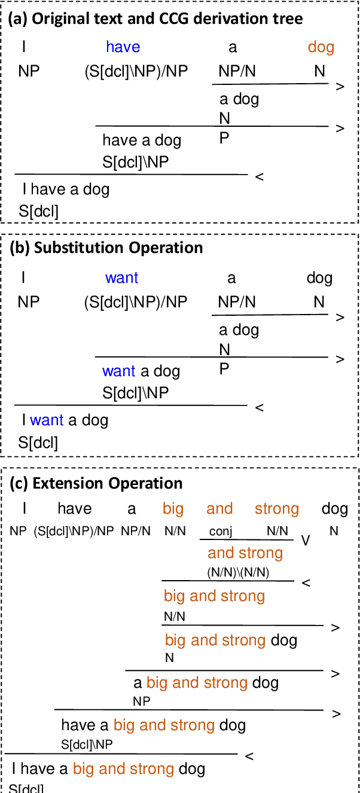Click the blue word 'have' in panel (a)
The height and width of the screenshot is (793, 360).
click(123, 47)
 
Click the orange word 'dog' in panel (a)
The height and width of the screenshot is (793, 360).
click(321, 47)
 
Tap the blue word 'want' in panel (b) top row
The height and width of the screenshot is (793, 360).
click(121, 278)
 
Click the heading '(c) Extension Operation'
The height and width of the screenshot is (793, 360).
click(97, 483)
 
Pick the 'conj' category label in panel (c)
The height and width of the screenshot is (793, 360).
click(221, 530)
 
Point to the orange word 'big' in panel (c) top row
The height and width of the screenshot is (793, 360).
click(173, 509)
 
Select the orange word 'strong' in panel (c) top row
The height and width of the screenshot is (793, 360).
click(276, 509)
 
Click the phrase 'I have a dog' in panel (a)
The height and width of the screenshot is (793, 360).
click(66, 190)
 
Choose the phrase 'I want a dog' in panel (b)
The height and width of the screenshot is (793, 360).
click(65, 420)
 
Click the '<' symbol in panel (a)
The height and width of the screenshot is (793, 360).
click(259, 177)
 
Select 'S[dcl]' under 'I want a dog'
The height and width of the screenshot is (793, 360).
click(38, 443)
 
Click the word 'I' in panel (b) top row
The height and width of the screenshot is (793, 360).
click(23, 278)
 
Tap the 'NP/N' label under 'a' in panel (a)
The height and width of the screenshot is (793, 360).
click(237, 72)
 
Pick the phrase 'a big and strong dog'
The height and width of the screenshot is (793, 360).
click(206, 682)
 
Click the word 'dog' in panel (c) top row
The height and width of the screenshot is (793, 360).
click(334, 509)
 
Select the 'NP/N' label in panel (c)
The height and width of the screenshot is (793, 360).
click(136, 530)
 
